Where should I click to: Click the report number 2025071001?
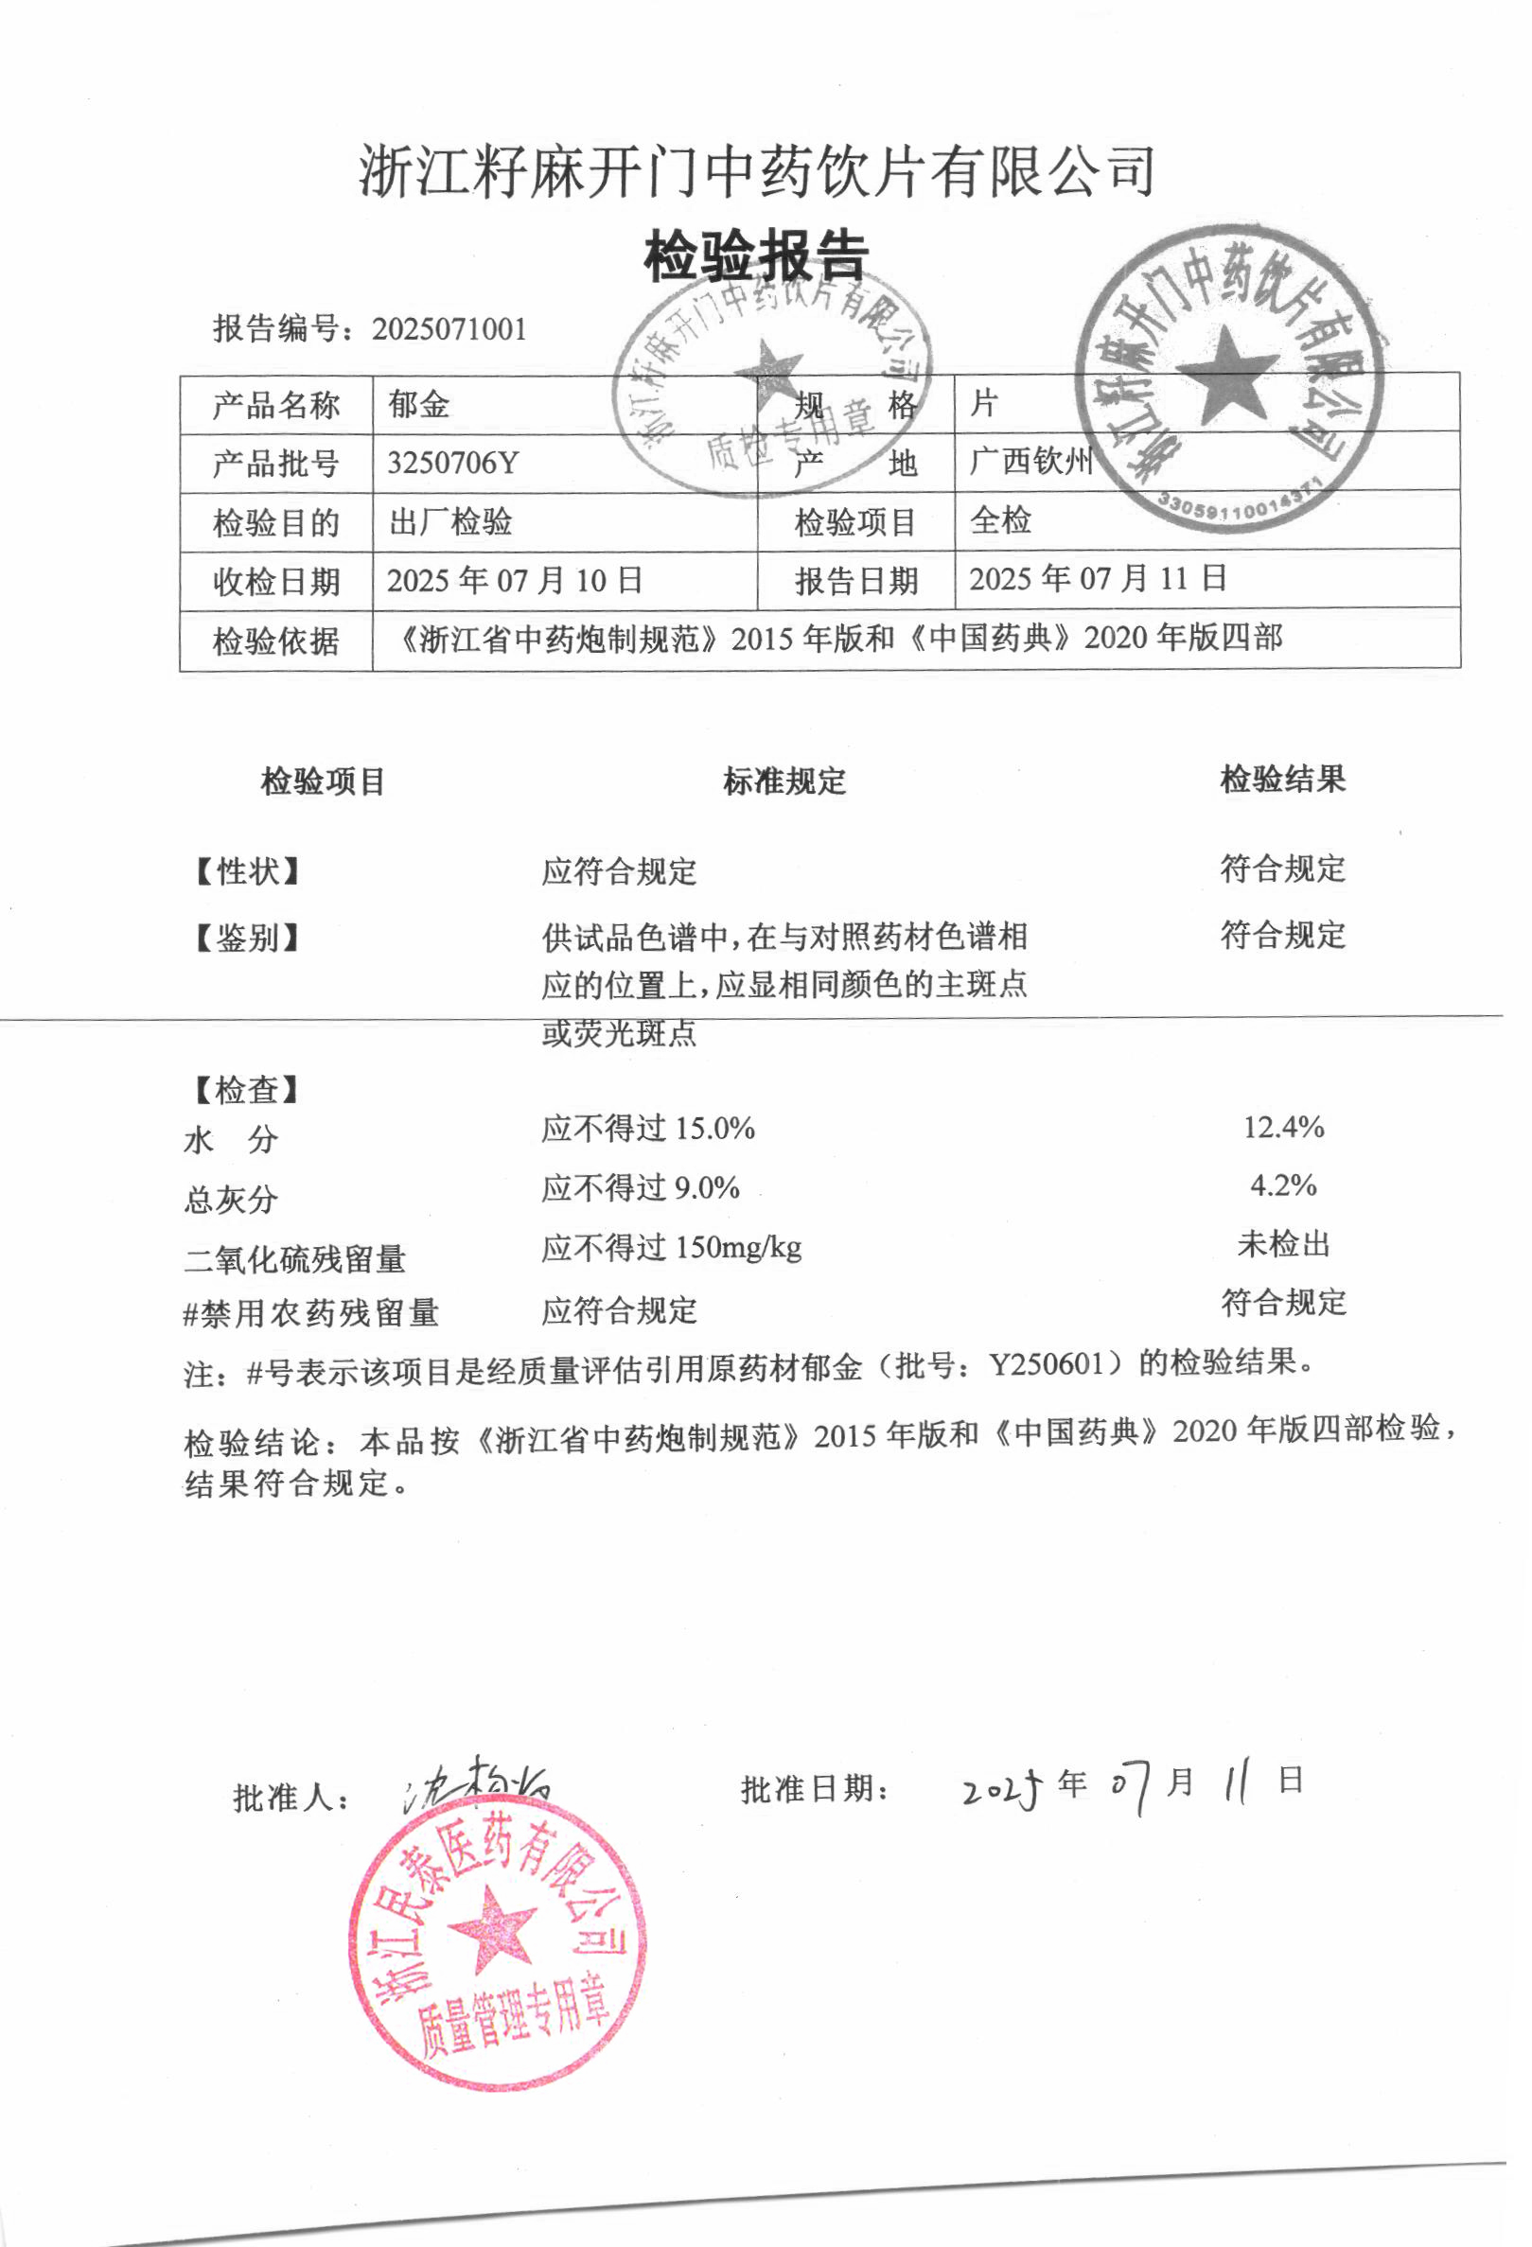tap(449, 328)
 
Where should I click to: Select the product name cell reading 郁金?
tap(419, 404)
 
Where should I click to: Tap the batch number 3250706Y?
tap(452, 464)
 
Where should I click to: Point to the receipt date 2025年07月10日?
tap(515, 580)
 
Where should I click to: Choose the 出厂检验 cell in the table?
tap(450, 522)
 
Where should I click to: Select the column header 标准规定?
tap(784, 781)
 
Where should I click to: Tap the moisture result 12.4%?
tap(1283, 1128)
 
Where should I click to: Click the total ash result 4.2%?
tap(1283, 1185)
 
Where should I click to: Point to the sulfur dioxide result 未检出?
tap(1283, 1243)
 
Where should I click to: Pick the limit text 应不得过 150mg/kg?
tap(671, 1248)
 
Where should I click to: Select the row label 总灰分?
tap(231, 1200)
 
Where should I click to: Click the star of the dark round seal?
tap(1225, 376)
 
